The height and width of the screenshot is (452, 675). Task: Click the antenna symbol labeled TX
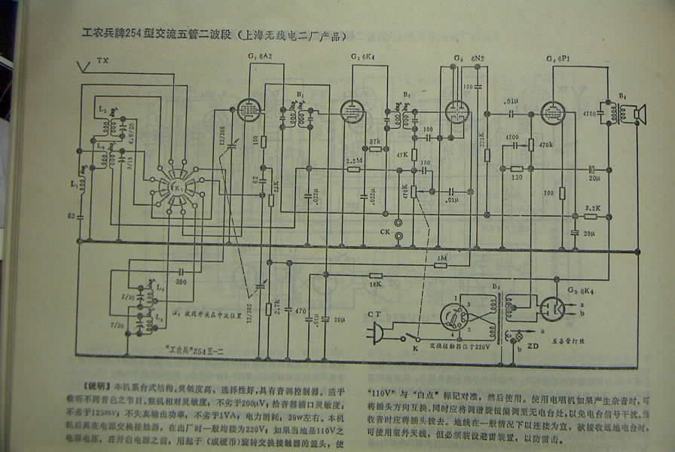(84, 67)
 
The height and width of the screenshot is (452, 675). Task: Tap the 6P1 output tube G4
(552, 113)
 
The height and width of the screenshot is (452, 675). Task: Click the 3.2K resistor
(591, 215)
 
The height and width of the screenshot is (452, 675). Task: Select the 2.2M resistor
(353, 169)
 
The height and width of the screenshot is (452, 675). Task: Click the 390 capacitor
(182, 273)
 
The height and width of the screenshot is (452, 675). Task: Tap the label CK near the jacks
(385, 231)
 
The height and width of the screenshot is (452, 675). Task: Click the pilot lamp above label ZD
(518, 334)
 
